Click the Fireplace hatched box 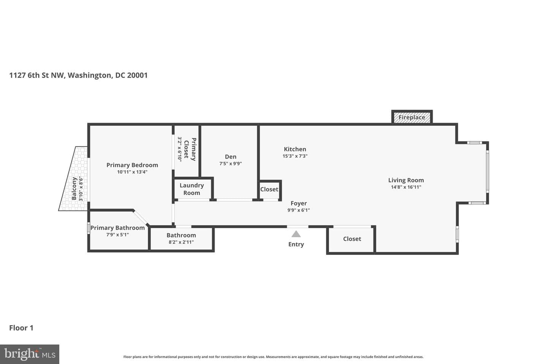(412, 118)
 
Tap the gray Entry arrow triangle (296, 234)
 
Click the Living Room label (406, 180)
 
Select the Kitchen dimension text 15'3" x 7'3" (295, 156)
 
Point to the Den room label (231, 157)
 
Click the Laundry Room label (192, 189)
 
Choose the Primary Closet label (190, 149)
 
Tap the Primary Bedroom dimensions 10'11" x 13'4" (132, 172)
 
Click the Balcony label (74, 188)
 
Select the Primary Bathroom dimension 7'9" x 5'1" (117, 235)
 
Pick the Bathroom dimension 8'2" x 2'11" (181, 242)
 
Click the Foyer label (299, 203)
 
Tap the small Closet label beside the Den (269, 190)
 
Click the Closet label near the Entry (352, 239)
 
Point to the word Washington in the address (90, 75)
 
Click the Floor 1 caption (21, 328)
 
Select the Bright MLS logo (30, 354)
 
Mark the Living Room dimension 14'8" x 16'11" (406, 187)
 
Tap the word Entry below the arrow (296, 245)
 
